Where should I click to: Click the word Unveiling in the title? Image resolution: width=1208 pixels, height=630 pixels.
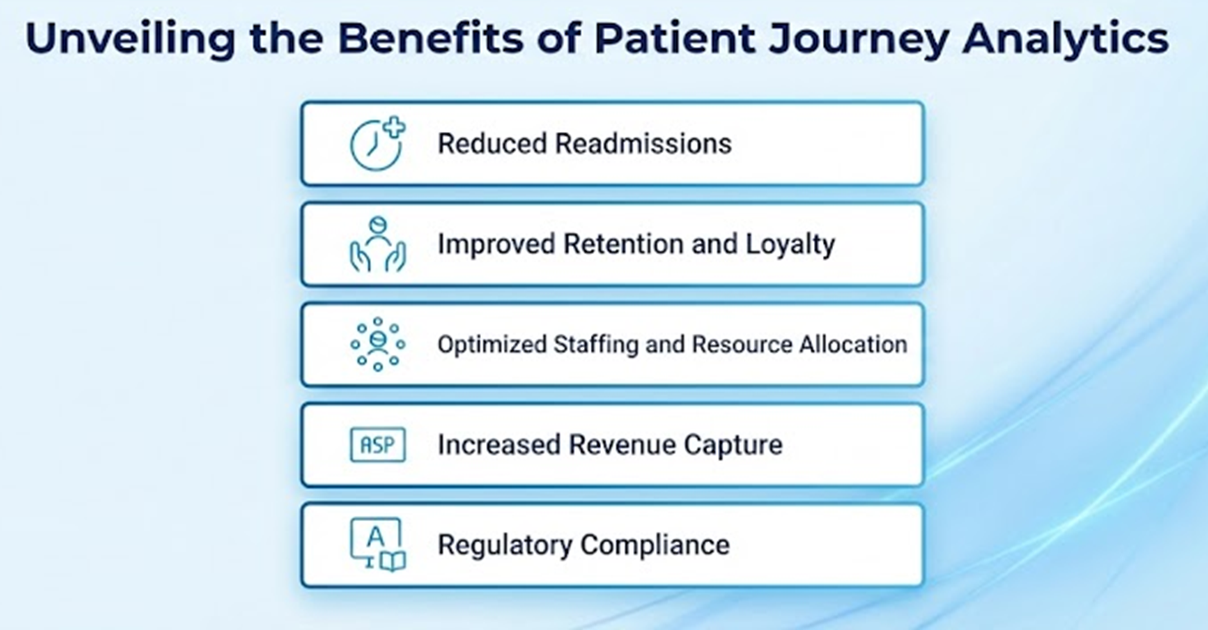coord(130,39)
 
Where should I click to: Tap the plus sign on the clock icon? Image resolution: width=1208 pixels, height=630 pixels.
coord(394,127)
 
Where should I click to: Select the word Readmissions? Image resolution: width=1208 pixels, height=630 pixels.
coord(643,144)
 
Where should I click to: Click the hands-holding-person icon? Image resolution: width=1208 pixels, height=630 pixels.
coord(377,244)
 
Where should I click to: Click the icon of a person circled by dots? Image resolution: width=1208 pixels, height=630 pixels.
coord(377,344)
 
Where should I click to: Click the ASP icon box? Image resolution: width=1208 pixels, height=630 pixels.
coord(377,445)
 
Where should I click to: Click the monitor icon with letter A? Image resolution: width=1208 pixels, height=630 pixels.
coord(377,544)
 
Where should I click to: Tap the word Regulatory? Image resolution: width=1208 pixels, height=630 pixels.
coord(505,546)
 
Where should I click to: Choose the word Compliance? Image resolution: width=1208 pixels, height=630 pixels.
coord(655,546)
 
